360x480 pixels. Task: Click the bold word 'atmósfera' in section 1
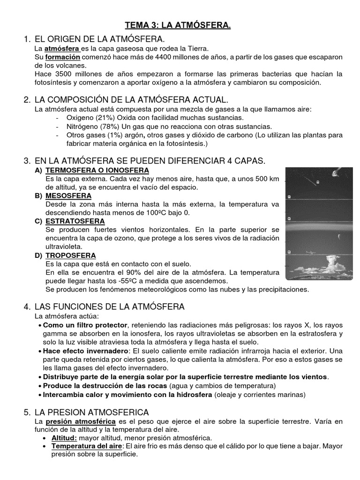(62, 48)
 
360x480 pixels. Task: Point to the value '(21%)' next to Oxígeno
(103, 118)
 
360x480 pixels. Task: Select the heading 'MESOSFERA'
(68, 195)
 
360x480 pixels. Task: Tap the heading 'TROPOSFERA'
(71, 255)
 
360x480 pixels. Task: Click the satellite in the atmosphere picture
(335, 173)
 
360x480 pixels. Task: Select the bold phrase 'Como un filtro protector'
(85, 325)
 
